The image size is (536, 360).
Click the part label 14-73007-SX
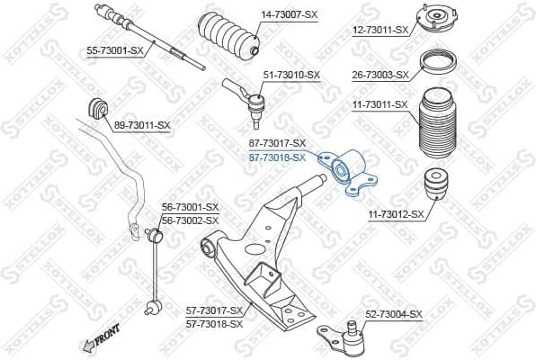[x=289, y=15]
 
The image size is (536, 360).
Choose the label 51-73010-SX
[x=290, y=75]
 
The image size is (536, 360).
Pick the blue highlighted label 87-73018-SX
[x=276, y=157]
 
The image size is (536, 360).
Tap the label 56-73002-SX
[x=190, y=220]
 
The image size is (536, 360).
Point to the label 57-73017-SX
[x=215, y=310]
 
